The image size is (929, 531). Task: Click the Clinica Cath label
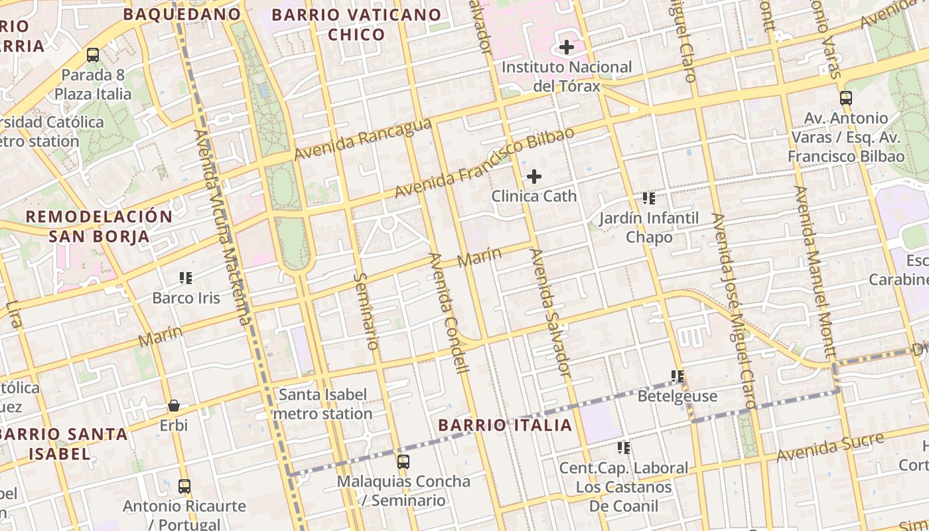click(x=534, y=196)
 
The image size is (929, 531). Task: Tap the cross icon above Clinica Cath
click(x=534, y=177)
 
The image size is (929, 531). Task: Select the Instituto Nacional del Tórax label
click(x=567, y=76)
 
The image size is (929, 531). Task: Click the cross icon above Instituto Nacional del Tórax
click(x=566, y=47)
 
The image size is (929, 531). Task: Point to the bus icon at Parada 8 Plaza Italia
click(x=93, y=55)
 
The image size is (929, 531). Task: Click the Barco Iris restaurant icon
click(x=186, y=277)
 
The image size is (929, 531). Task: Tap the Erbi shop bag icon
click(x=174, y=405)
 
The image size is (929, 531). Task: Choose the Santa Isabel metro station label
click(x=322, y=404)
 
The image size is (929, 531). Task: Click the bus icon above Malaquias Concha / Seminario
click(x=403, y=461)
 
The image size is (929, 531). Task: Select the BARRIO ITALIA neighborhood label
click(x=505, y=425)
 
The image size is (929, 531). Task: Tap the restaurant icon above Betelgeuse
click(x=677, y=376)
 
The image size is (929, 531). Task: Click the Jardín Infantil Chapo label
click(x=649, y=228)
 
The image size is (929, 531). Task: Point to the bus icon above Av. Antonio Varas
click(x=845, y=98)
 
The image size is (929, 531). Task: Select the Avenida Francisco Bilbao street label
click(x=484, y=163)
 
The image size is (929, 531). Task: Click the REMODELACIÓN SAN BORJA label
click(x=99, y=226)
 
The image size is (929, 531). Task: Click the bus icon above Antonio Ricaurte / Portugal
click(x=184, y=486)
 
